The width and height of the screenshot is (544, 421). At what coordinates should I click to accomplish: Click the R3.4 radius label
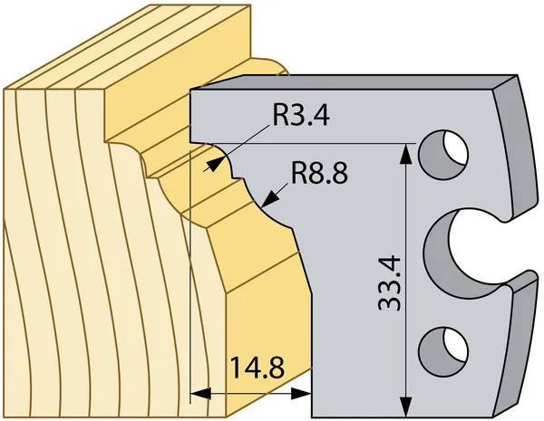(301, 115)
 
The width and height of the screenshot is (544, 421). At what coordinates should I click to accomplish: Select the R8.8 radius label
(319, 173)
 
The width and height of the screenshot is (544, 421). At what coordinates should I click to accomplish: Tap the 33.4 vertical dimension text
(390, 283)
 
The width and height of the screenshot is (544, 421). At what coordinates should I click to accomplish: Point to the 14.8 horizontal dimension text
(257, 368)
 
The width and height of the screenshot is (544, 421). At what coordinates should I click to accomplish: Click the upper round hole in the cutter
(443, 154)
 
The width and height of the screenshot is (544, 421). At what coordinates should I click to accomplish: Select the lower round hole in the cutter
(443, 350)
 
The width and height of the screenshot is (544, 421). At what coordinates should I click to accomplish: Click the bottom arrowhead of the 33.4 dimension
(406, 407)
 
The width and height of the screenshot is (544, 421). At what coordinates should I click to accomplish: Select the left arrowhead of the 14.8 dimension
(200, 394)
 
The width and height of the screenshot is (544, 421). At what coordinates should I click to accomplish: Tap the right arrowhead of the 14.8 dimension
(300, 394)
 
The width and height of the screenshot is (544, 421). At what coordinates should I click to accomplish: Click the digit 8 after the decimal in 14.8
(277, 368)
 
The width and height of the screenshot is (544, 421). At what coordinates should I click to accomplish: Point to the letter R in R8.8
(299, 173)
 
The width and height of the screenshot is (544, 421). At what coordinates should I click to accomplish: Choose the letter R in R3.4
(281, 115)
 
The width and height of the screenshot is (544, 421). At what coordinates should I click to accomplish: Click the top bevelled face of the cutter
(350, 83)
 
